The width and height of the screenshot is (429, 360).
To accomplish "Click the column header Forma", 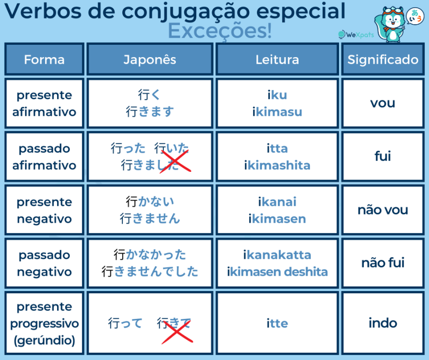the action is tap(44, 60).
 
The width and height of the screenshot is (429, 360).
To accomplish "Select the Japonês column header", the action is tap(150, 60).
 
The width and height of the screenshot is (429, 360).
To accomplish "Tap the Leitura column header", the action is tap(277, 60).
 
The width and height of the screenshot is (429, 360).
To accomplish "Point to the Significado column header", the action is tap(383, 60).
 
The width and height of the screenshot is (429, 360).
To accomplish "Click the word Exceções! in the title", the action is tap(220, 31).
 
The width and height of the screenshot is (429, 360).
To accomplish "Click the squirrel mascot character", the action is tap(390, 25).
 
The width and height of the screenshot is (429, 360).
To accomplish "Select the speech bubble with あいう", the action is tap(415, 16).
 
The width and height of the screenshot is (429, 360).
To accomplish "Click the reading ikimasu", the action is tap(277, 112).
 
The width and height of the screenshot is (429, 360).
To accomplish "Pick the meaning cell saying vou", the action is tap(383, 103).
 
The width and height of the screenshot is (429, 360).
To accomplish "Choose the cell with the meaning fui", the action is tap(383, 156).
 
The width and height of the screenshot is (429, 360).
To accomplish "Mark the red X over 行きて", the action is tap(177, 332).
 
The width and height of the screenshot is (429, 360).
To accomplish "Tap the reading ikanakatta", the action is tap(277, 255).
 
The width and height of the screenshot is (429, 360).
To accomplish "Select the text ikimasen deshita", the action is tap(277, 272).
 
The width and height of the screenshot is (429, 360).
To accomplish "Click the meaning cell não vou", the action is tap(383, 210).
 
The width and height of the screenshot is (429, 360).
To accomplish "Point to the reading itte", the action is tap(277, 323).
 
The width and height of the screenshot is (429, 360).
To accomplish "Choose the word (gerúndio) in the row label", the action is tap(44, 340).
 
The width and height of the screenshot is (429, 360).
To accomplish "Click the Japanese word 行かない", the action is tap(150, 202).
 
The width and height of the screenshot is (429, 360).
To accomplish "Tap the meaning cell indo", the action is tap(383, 323).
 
